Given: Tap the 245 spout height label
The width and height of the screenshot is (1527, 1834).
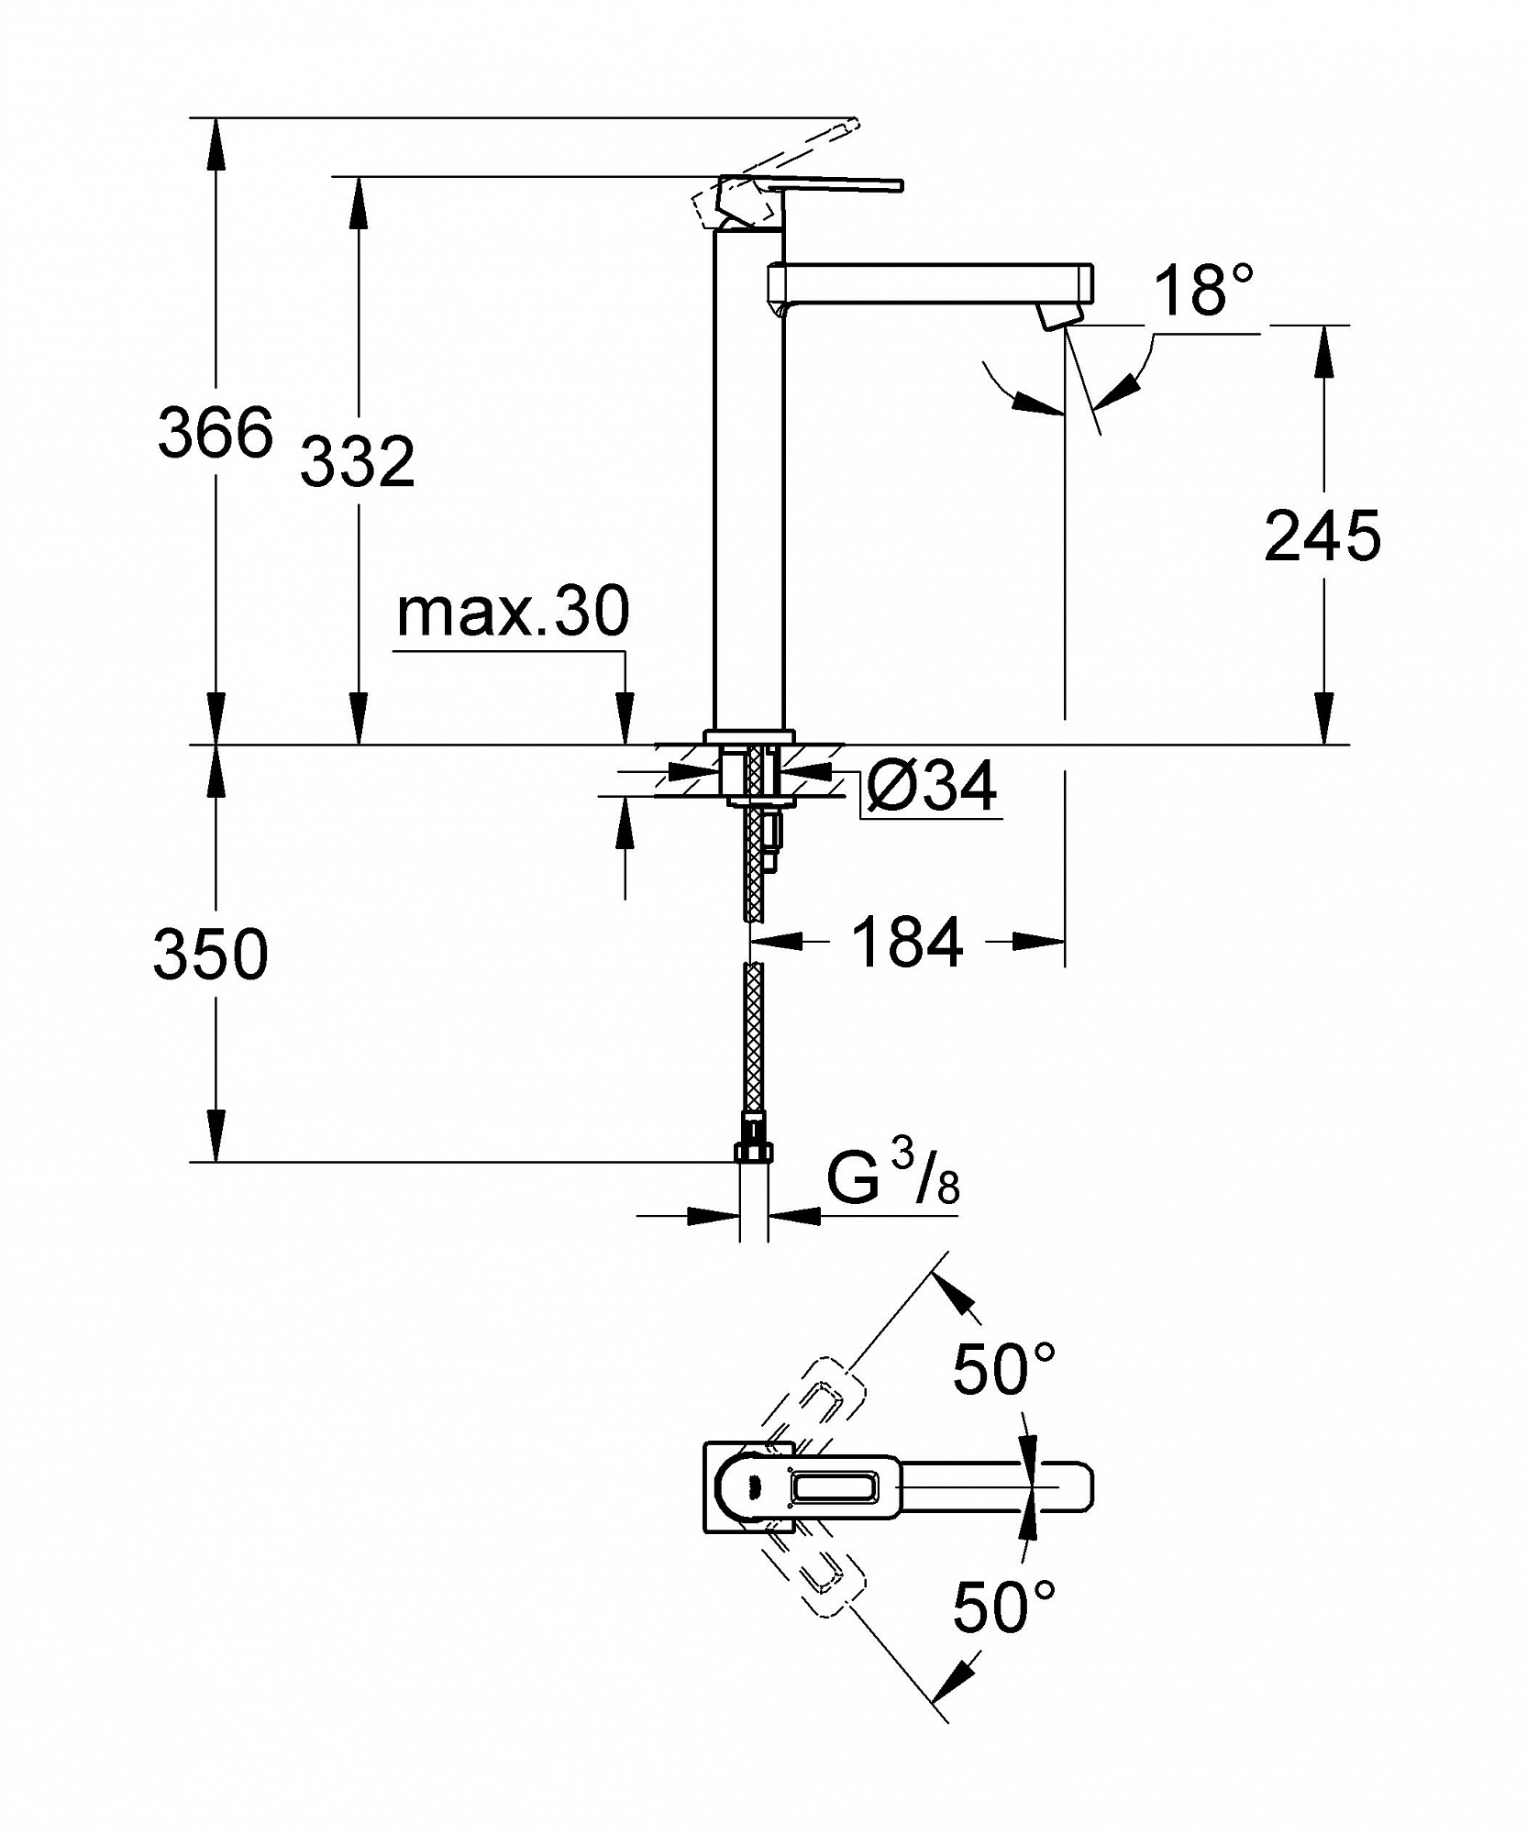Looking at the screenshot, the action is pyautogui.click(x=1322, y=536).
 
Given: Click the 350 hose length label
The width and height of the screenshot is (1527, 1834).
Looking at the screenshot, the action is pyautogui.click(x=211, y=954).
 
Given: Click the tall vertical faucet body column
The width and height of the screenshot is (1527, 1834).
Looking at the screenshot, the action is pyautogui.click(x=749, y=477).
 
